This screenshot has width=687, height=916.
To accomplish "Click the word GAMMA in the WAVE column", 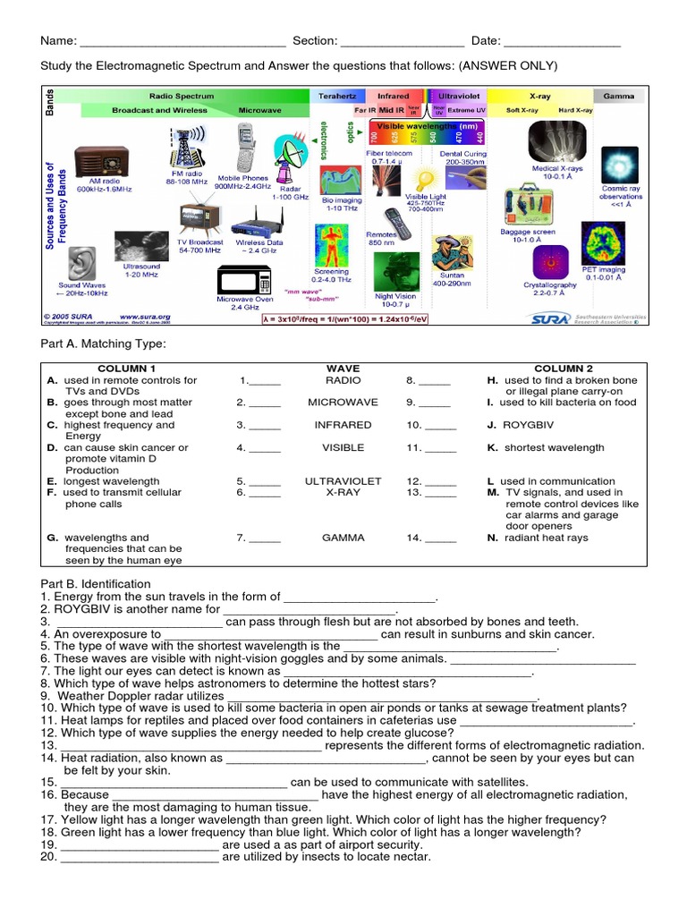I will click(x=344, y=538).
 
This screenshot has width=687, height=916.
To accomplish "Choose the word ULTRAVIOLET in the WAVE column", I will click(x=343, y=481).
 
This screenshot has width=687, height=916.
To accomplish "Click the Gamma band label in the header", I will click(x=619, y=96).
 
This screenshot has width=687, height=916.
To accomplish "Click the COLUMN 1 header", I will click(x=127, y=368).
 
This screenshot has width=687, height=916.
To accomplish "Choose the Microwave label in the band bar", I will click(x=259, y=110).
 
